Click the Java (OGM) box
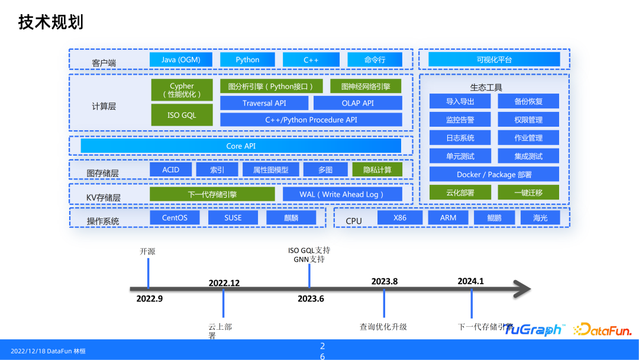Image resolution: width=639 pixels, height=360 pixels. (x=181, y=60)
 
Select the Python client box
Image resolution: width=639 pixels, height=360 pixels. (x=247, y=60)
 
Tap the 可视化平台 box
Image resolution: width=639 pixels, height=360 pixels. (x=494, y=60)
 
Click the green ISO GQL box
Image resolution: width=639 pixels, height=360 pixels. (x=182, y=115)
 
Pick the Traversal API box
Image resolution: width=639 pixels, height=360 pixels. (x=264, y=103)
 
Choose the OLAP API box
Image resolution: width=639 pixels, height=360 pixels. (x=357, y=103)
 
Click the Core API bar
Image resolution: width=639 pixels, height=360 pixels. (x=241, y=146)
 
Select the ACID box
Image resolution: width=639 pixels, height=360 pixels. (x=170, y=170)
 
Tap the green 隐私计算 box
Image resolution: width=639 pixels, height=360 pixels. (x=377, y=170)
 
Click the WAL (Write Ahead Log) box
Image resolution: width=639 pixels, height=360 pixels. (x=342, y=194)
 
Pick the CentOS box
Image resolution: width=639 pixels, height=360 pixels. (x=175, y=218)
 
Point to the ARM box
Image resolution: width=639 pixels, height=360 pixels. (x=448, y=218)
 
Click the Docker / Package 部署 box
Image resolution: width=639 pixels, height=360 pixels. (x=494, y=175)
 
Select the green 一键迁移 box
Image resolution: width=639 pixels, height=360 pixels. (x=528, y=192)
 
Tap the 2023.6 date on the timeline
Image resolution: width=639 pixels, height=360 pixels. (x=311, y=299)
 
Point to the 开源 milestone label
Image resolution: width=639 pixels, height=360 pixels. (x=148, y=252)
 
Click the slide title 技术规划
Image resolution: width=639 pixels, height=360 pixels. (x=50, y=22)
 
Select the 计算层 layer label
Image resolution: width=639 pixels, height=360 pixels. (x=104, y=107)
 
